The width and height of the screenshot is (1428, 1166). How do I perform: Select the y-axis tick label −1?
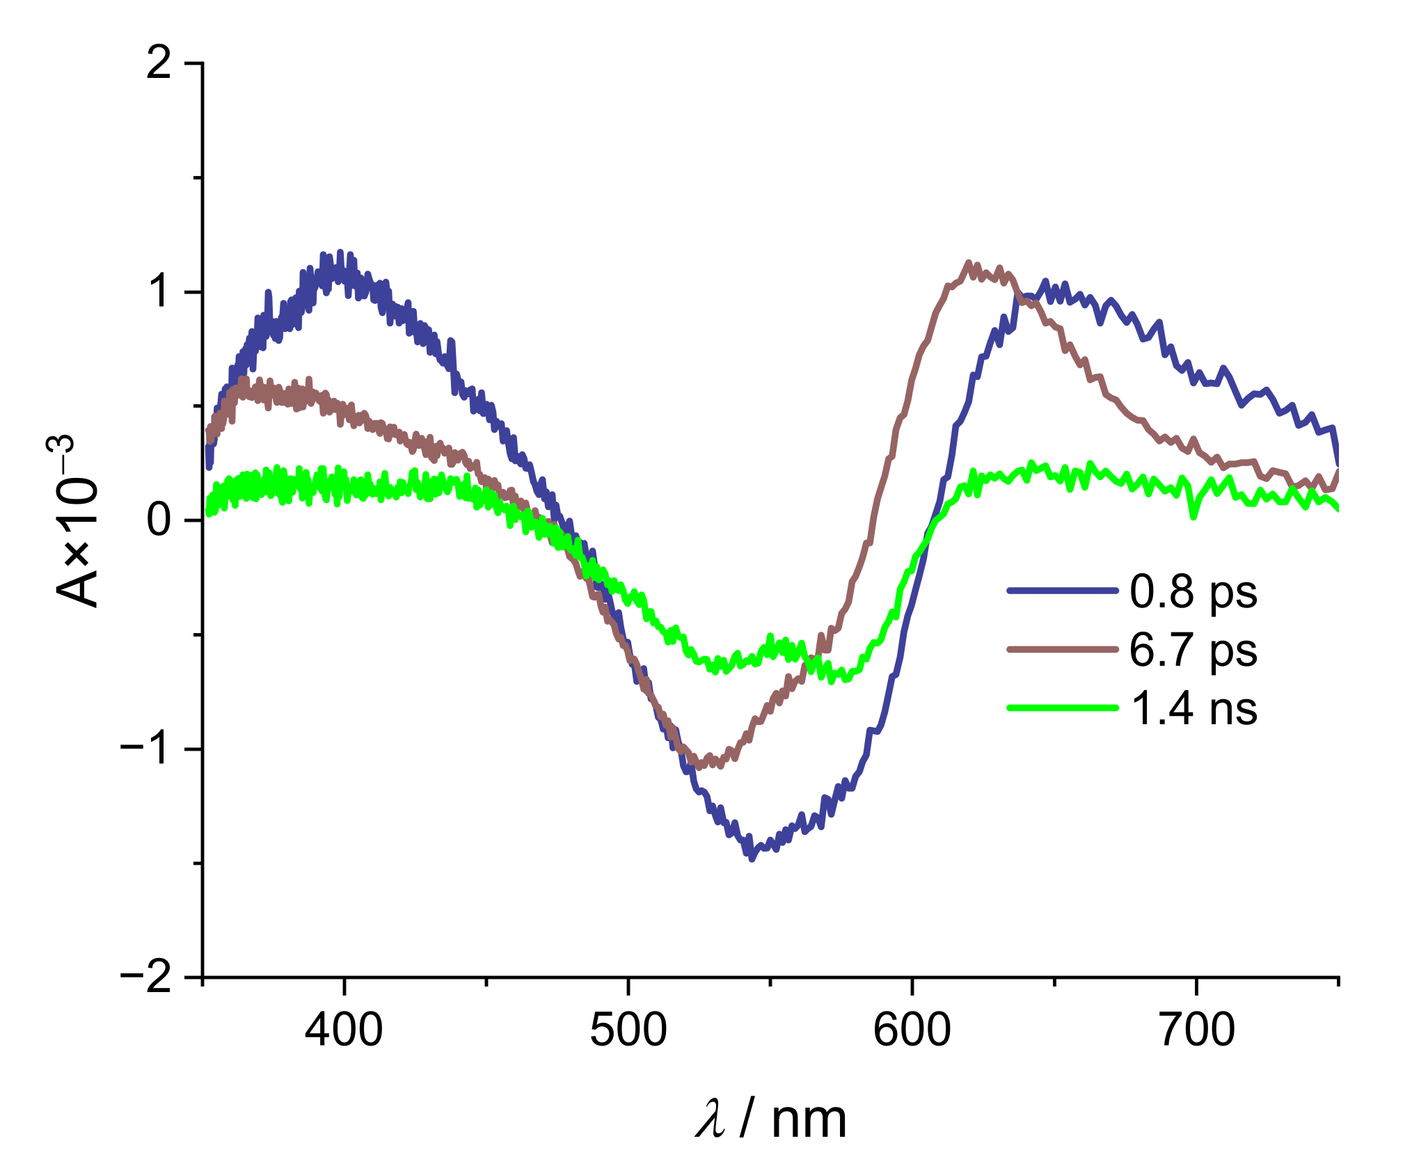click(x=146, y=749)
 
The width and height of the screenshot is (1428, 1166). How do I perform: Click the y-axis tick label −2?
click(x=146, y=977)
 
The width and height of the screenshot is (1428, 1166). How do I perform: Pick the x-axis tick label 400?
click(x=344, y=1030)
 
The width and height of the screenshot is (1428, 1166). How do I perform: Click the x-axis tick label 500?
click(x=628, y=1030)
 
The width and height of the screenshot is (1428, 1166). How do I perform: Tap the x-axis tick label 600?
click(x=912, y=1030)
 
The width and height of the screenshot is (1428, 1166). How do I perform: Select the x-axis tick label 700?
click(x=1196, y=1030)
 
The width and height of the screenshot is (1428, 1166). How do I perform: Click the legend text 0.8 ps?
click(x=1193, y=592)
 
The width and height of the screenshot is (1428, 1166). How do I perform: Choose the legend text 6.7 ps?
click(x=1193, y=650)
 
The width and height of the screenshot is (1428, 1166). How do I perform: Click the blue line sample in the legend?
click(x=1062, y=591)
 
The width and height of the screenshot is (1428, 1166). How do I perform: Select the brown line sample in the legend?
click(x=1062, y=649)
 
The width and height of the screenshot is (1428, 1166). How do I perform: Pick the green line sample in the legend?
click(x=1062, y=708)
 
